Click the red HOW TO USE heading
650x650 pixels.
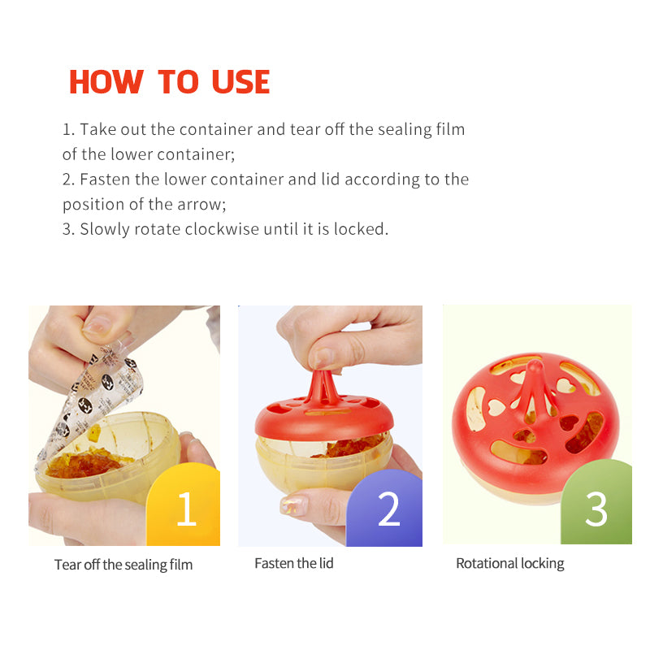click(169, 82)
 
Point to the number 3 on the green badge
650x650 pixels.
click(596, 509)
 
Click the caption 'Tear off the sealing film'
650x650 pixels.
click(123, 564)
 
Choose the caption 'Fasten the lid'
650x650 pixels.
click(293, 563)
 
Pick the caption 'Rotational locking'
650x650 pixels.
click(509, 563)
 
